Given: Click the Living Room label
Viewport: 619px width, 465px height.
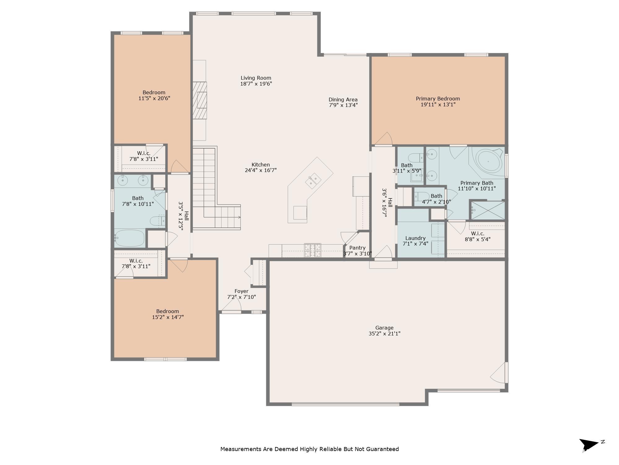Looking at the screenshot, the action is click(x=256, y=78).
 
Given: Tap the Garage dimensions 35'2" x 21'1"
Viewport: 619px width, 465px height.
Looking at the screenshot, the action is click(x=384, y=334).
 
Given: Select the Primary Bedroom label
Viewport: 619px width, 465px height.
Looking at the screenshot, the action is click(x=438, y=99).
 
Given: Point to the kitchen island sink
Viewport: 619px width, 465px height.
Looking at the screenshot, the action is click(x=313, y=181).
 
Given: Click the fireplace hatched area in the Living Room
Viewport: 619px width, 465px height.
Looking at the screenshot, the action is click(x=200, y=100).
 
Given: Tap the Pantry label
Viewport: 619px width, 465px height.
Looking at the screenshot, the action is click(x=357, y=248).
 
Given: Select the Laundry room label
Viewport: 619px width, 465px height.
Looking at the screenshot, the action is click(x=415, y=238).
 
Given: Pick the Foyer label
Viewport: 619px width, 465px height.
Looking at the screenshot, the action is click(x=241, y=291).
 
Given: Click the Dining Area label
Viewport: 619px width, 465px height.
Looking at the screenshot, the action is click(x=343, y=100).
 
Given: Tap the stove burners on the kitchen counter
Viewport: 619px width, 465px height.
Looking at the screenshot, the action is click(x=313, y=250).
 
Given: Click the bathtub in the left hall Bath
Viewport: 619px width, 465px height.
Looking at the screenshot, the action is click(x=130, y=238).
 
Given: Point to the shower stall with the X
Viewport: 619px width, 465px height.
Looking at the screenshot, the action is click(x=488, y=210).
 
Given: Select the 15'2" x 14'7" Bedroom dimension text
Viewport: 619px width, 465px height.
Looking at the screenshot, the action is click(x=168, y=317).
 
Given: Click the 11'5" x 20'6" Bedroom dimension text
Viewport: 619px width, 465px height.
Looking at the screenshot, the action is click(x=154, y=98).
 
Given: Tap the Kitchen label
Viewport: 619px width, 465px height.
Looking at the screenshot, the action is click(x=261, y=165).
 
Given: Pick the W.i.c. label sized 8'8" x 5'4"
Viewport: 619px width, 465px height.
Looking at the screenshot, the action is click(x=478, y=233).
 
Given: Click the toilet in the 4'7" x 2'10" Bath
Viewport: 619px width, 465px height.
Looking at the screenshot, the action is click(x=421, y=196).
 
